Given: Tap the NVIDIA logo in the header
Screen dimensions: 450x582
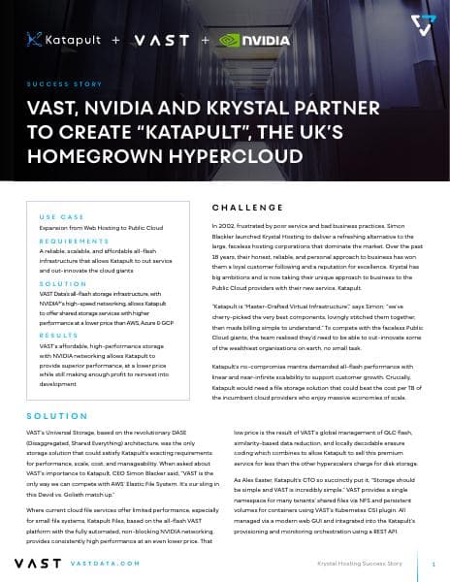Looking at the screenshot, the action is tap(255, 41).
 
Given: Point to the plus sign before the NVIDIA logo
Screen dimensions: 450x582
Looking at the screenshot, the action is tap(206, 41).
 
